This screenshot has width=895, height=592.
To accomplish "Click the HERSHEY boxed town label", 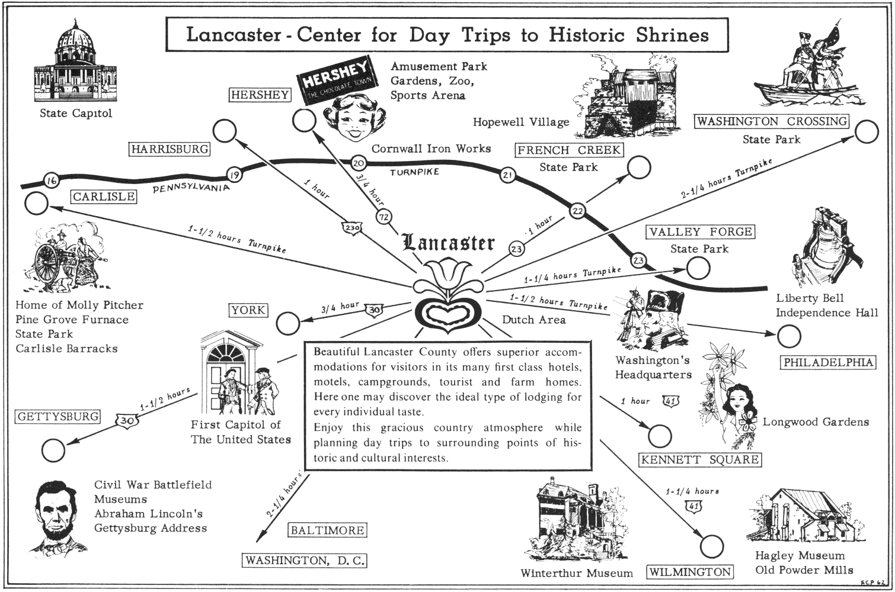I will click(260, 95).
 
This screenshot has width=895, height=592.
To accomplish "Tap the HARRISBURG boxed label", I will click(170, 149).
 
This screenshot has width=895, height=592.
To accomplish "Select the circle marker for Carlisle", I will click(37, 204).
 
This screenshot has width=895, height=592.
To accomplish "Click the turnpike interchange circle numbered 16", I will click(52, 181).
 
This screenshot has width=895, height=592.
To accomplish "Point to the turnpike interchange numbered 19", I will click(234, 175).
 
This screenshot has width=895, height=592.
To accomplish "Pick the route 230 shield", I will click(351, 228).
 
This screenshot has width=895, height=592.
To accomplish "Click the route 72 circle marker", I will click(384, 218).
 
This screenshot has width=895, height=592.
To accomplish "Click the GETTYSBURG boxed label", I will click(57, 417).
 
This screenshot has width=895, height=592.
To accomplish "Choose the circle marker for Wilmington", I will click(711, 546).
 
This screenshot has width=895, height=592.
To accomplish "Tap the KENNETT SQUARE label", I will click(700, 459).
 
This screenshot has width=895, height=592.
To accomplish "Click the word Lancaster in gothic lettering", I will click(448, 243).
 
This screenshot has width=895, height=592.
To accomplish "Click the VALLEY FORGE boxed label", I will click(701, 232).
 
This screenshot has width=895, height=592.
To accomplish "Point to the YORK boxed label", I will click(248, 310).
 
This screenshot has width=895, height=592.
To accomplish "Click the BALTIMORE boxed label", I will click(327, 530).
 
